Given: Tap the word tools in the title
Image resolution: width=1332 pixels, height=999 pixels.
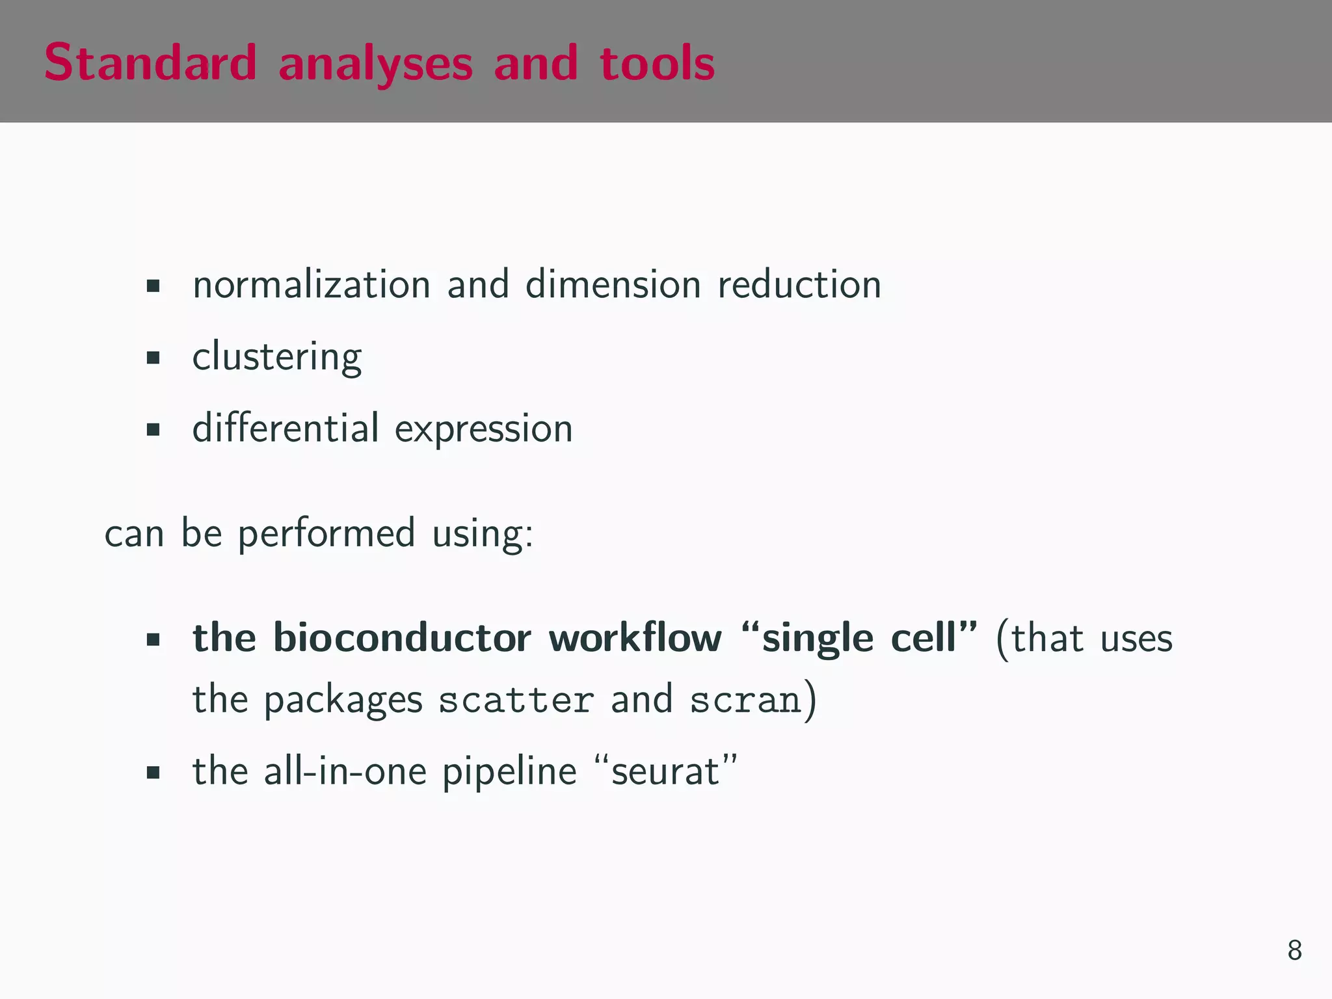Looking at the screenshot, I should point(657,64).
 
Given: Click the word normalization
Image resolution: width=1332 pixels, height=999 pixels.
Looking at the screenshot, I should point(312,285).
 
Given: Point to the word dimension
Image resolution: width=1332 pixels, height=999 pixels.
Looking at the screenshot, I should point(613,285).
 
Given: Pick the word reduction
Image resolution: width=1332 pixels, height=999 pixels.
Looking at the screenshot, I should point(799,285).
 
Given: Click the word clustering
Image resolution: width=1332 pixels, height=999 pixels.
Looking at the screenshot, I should point(277,357).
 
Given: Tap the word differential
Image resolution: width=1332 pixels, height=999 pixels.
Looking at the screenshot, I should point(286,428).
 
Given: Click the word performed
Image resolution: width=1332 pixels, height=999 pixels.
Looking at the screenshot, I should point(326,534).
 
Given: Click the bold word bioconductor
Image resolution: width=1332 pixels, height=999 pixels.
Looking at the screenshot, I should point(402,637).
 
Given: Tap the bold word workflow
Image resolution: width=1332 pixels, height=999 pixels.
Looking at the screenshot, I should point(635,637).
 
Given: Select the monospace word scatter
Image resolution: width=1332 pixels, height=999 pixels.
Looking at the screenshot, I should point(516,700).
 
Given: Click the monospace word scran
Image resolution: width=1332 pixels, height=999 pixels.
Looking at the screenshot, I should point(745,700).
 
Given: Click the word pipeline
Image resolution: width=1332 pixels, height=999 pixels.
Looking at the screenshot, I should point(509,772).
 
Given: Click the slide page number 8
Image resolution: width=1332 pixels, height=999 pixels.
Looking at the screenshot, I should point(1294,950).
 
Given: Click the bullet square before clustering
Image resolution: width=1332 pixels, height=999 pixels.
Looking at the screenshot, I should point(153,357).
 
